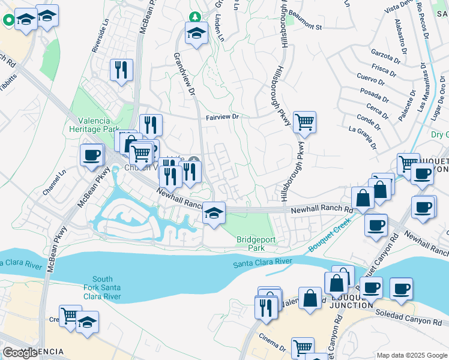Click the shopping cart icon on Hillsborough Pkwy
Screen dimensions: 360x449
tap(304, 122)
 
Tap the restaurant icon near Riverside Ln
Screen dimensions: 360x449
tap(121, 70)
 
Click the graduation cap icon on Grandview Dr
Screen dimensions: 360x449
tap(196, 34)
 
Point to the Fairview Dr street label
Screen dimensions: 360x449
tap(223, 118)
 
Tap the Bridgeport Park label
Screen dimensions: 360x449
tap(250, 243)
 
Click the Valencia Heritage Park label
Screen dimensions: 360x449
tap(95, 124)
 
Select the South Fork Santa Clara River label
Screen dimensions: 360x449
tap(103, 288)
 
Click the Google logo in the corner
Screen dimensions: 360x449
tap(20, 353)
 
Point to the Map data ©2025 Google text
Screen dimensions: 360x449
tap(411, 355)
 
